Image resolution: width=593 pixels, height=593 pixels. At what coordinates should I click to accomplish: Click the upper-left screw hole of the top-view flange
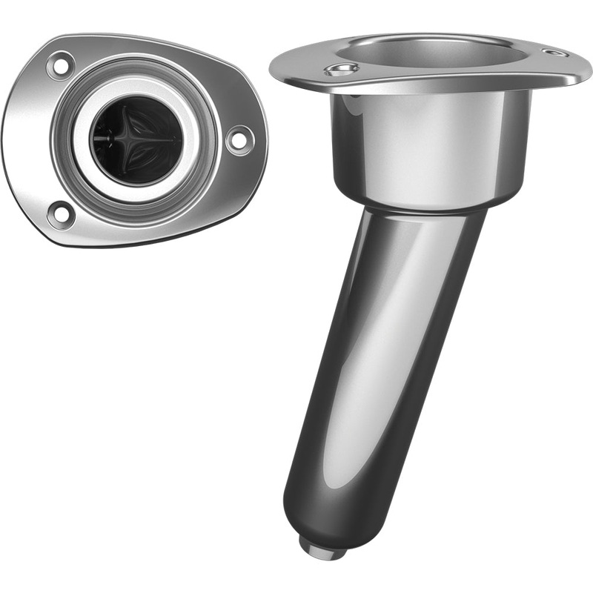click(x=59, y=65)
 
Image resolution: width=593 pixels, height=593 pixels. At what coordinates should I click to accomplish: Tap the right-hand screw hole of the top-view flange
click(x=239, y=139)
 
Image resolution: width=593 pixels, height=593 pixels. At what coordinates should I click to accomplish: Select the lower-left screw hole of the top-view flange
click(x=60, y=214)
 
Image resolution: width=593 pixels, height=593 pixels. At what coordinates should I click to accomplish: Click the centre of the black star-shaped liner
click(x=136, y=139)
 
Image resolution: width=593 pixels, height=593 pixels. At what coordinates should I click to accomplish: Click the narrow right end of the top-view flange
click(x=261, y=141)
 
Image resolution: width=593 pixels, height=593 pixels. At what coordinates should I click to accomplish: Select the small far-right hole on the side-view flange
click(x=554, y=53)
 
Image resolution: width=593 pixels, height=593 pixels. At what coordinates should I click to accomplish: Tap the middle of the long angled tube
click(x=378, y=356)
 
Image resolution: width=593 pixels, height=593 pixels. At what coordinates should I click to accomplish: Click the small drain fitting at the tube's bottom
click(x=322, y=546)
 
